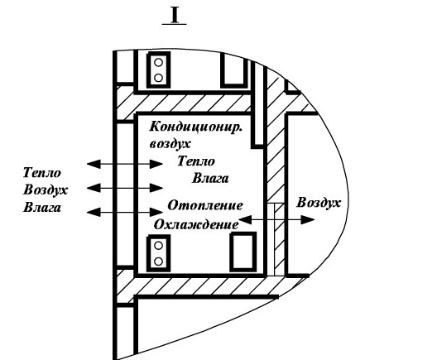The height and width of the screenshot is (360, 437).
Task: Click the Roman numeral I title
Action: tap(175, 16)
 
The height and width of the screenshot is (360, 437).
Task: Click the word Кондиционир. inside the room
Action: tap(195, 127)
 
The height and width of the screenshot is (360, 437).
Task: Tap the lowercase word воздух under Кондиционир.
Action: tap(170, 144)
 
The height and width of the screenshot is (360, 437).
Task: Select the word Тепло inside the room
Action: tap(196, 161)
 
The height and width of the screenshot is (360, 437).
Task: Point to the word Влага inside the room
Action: tap(210, 178)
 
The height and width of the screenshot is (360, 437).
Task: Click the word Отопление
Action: tap(205, 205)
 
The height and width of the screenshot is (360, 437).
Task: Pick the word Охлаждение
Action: tap(196, 224)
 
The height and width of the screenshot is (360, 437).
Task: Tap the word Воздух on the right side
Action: tap(319, 203)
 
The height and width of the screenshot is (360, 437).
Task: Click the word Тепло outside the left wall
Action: tap(42, 173)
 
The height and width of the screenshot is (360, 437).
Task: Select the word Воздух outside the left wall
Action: tap(46, 190)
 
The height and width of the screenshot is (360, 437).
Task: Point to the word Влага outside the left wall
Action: tap(42, 208)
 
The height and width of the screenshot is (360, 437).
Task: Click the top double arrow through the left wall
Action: tap(125, 164)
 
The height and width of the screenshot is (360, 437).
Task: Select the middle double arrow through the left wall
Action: tap(125, 188)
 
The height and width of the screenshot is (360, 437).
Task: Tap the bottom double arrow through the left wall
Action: tap(125, 213)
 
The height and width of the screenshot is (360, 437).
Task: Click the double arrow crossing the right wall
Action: tap(276, 220)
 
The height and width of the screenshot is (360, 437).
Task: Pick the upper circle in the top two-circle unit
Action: tap(158, 62)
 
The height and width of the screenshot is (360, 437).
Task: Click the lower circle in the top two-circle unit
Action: tap(158, 78)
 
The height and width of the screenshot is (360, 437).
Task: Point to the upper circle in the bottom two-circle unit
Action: tap(158, 246)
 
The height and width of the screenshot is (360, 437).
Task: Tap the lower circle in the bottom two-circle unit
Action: tap(158, 262)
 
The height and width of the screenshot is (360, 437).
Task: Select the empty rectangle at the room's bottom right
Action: tap(243, 252)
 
